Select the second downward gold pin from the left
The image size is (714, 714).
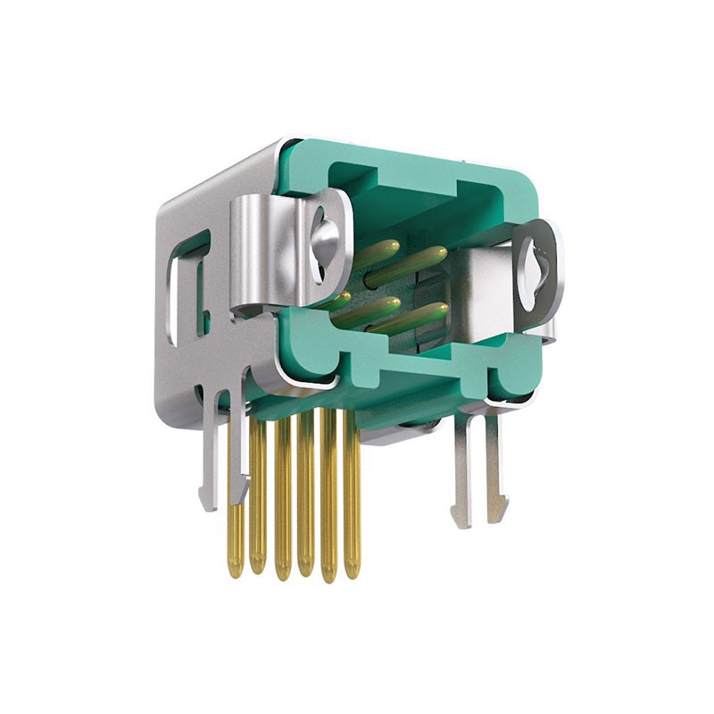[258, 500]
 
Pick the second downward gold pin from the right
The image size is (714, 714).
[329, 500]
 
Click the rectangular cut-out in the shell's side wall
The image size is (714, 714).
[190, 286]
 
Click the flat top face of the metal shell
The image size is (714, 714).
[223, 178]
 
